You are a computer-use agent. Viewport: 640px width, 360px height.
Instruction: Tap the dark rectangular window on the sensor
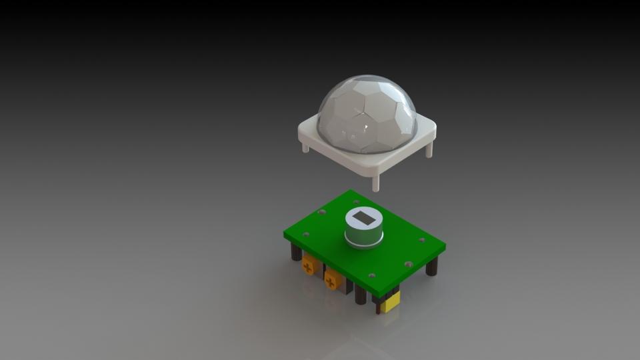363,218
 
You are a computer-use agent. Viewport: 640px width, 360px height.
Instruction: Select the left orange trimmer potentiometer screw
308,267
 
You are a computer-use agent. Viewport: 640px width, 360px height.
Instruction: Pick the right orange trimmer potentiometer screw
331,282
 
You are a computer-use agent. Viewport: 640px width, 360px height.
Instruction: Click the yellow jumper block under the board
390,301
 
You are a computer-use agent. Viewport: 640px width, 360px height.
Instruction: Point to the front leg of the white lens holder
375,182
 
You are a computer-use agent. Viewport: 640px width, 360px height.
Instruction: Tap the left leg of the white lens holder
305,147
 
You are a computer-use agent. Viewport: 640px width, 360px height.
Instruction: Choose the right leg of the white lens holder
429,149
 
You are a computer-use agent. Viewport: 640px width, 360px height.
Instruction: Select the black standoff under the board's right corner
431,266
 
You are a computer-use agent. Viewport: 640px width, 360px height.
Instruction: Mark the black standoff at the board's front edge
361,294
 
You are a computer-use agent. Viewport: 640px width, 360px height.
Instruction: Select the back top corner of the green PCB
349,192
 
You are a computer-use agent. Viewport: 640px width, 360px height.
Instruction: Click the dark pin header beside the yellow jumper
378,305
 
